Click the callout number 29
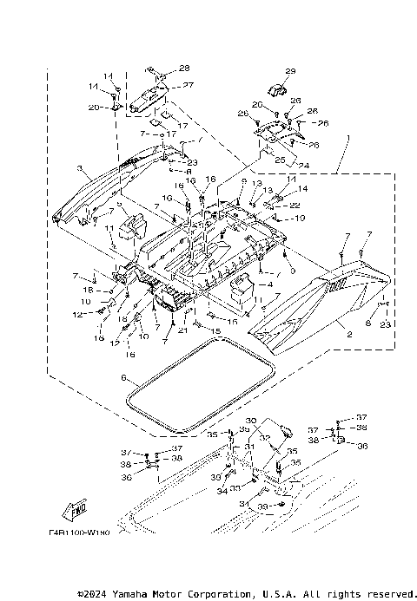(x=290, y=71)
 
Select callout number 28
(x=184, y=68)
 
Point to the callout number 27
(x=188, y=85)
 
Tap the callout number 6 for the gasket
(x=124, y=378)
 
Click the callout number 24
(x=304, y=166)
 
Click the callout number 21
(x=182, y=330)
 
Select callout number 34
(x=222, y=491)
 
